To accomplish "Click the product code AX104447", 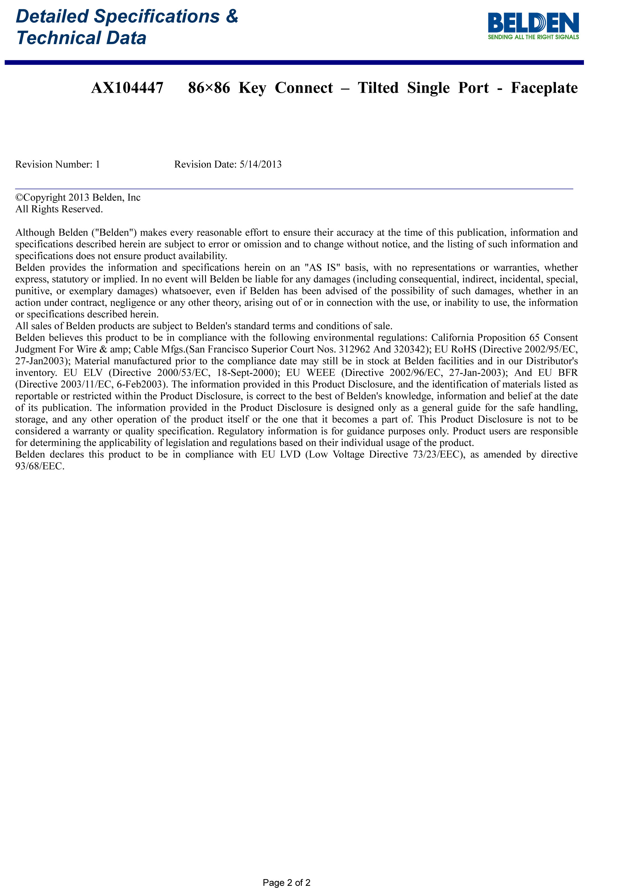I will pyautogui.click(x=127, y=88).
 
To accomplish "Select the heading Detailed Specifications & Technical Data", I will pyautogui.click(x=127, y=27).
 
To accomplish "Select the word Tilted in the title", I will pyautogui.click(x=378, y=88).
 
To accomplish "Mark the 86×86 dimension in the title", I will pyautogui.click(x=209, y=88).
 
